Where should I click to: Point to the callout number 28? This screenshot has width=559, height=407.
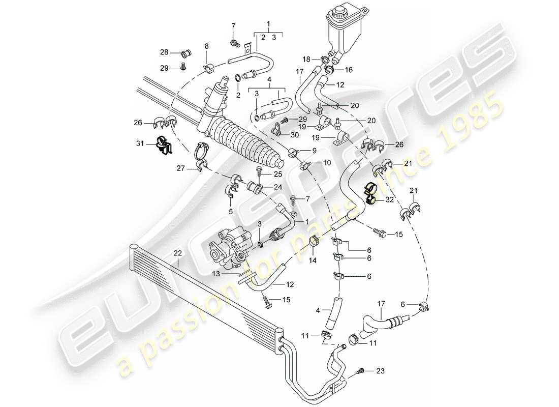click(x=164, y=52)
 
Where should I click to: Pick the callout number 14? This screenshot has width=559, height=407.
click(x=312, y=261)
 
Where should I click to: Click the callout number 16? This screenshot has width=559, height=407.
click(x=349, y=69)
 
